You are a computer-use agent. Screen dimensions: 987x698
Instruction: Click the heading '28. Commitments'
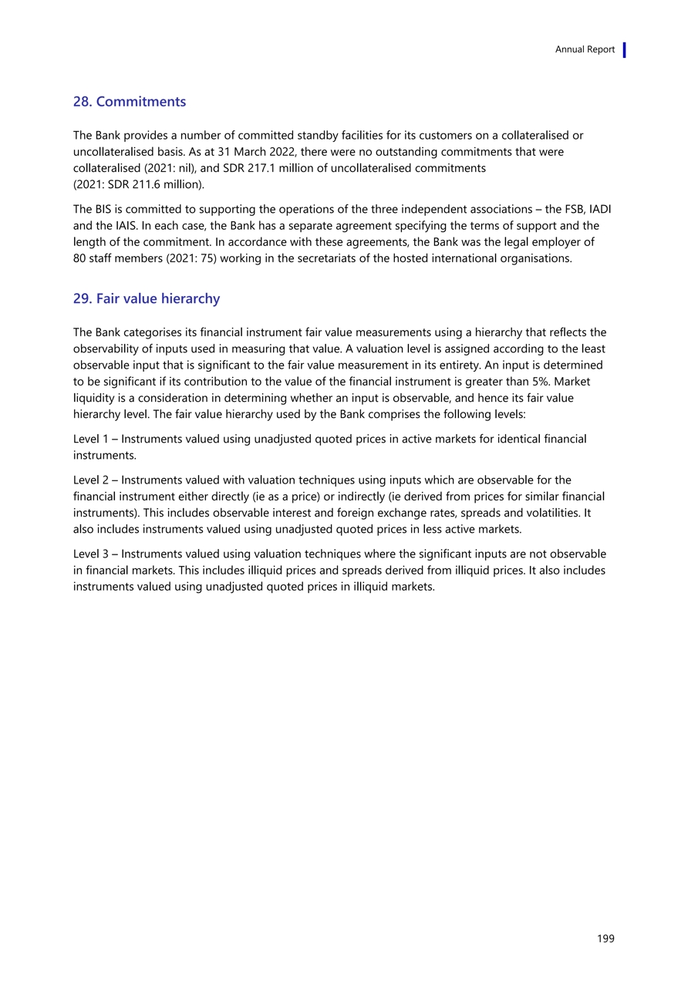click(130, 102)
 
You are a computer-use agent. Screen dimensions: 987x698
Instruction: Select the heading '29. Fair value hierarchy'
click(147, 298)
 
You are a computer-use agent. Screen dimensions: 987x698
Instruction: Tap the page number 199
click(605, 938)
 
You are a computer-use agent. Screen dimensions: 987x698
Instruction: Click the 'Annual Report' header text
click(585, 49)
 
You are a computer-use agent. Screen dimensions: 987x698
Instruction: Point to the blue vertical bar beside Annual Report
click(624, 49)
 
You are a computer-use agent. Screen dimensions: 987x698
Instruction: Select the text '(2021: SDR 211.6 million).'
click(139, 185)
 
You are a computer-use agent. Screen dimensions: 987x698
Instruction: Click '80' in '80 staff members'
click(80, 259)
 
